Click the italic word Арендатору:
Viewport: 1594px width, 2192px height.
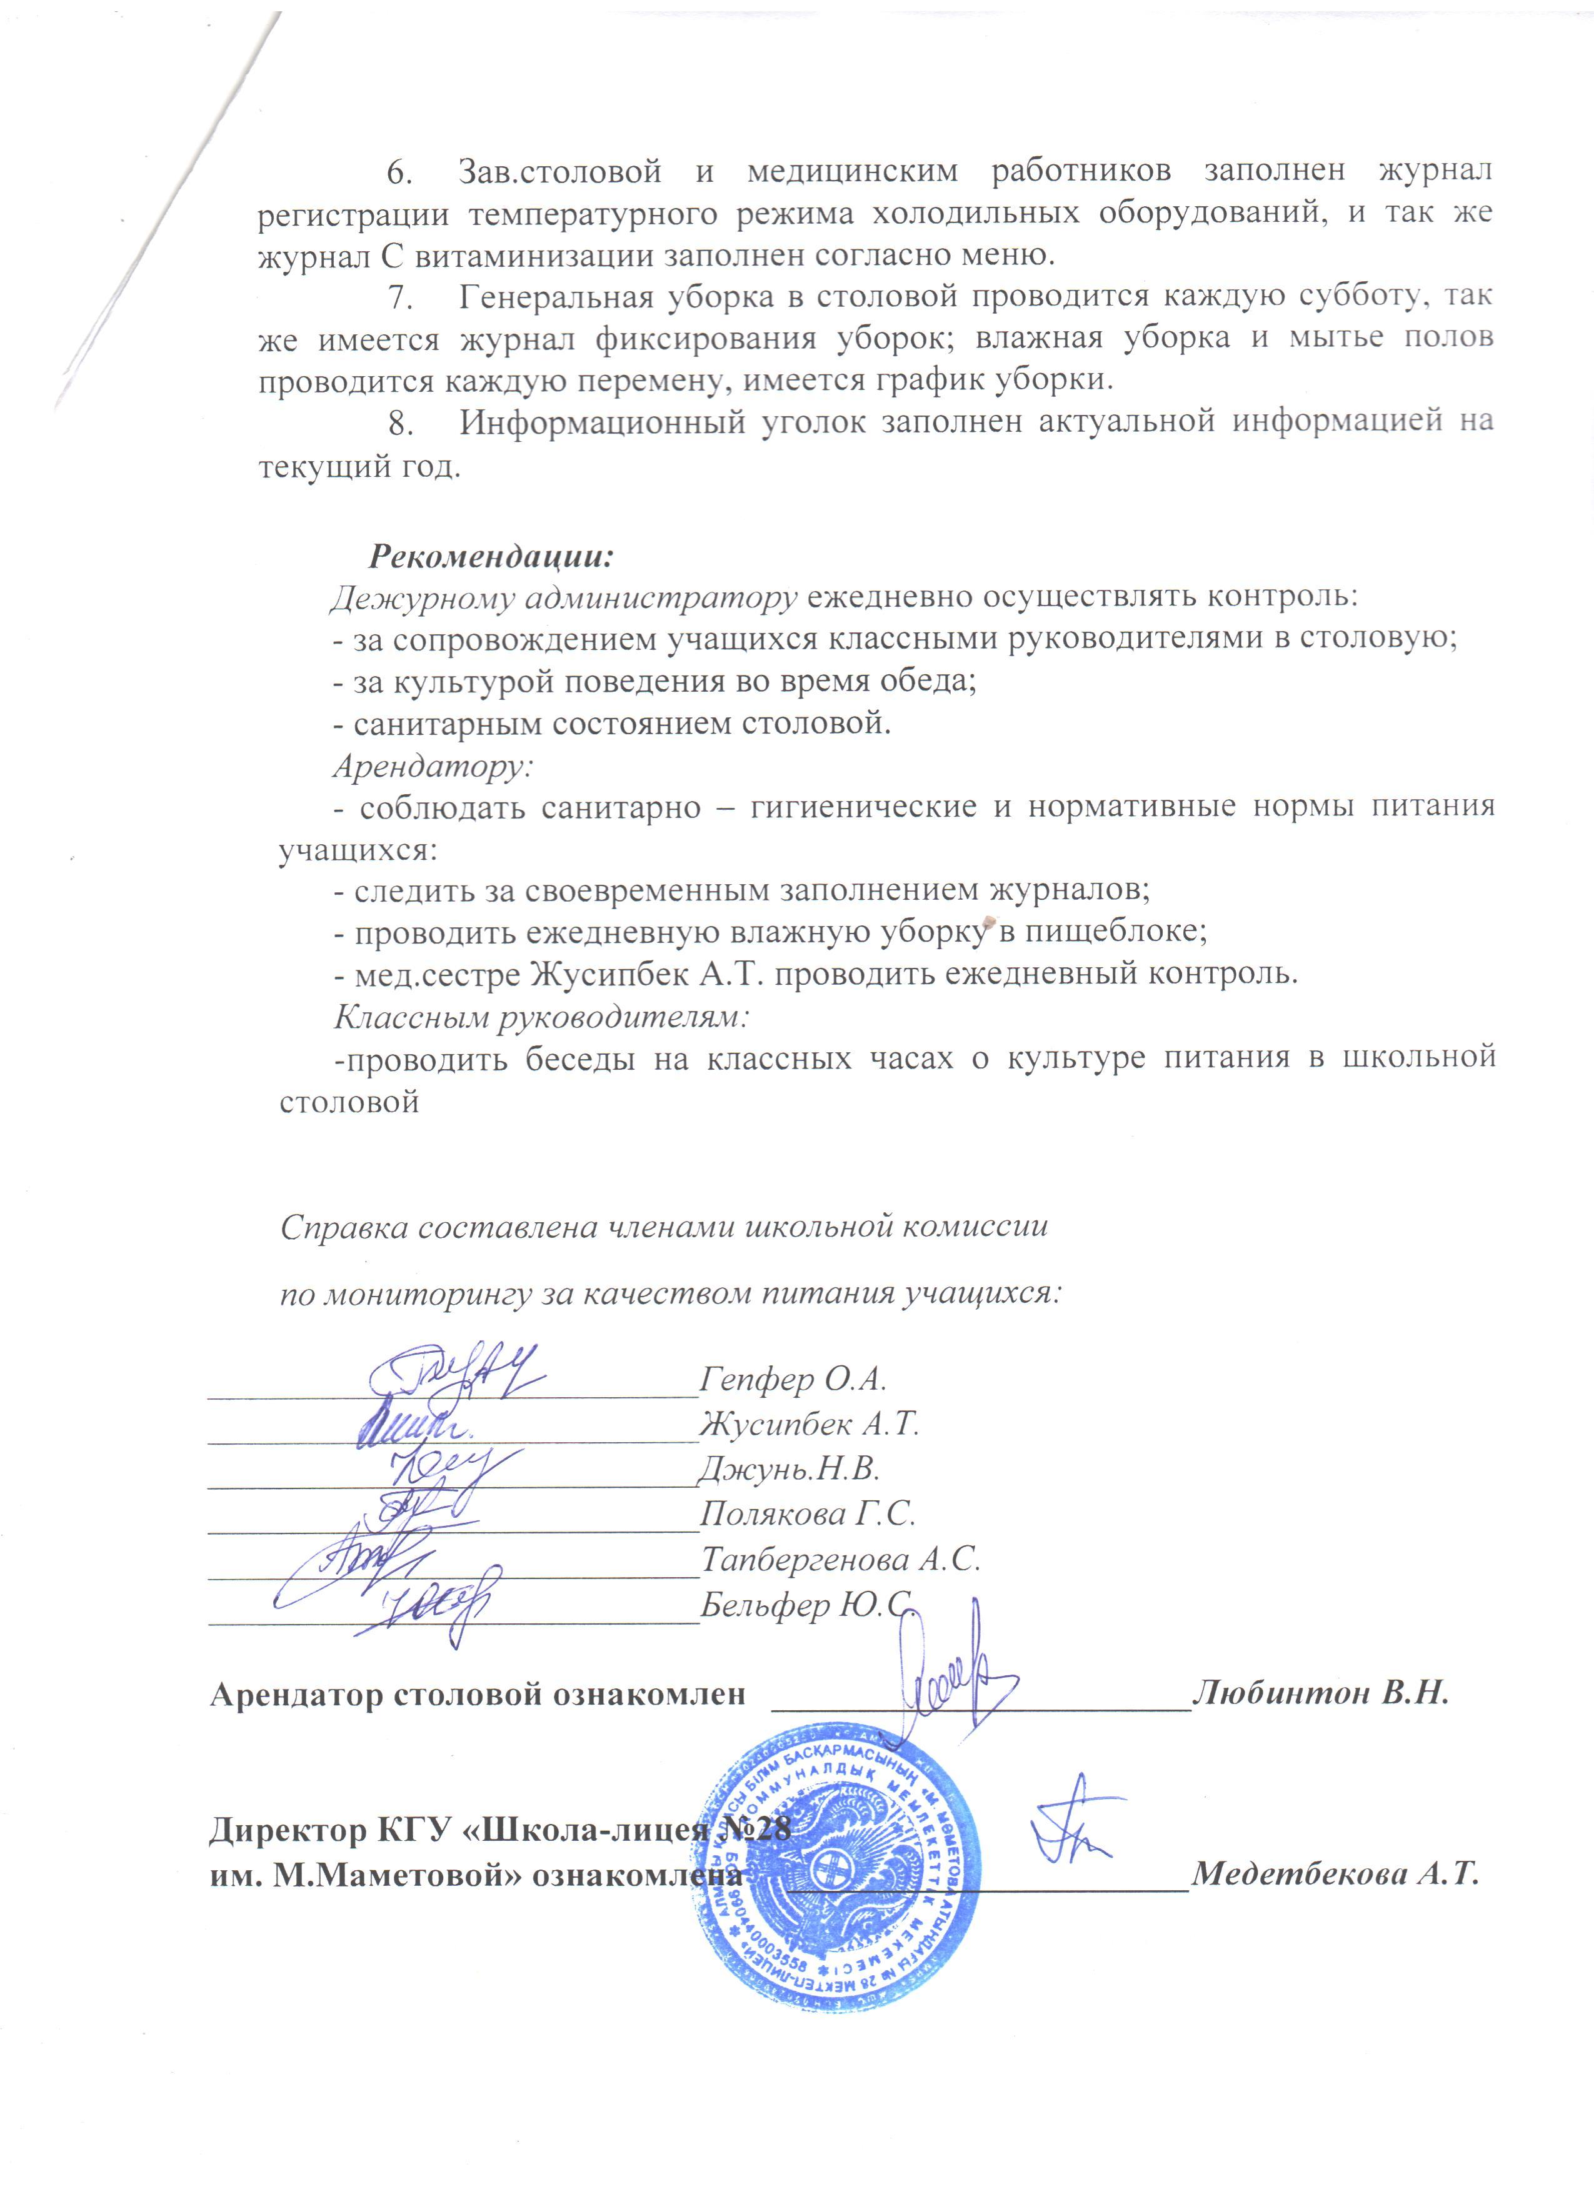click(433, 765)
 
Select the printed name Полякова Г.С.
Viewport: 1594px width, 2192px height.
click(807, 1513)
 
